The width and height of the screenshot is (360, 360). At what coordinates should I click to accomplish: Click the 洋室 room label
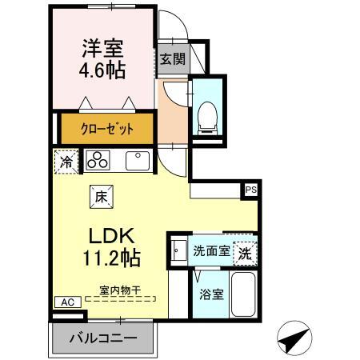[102, 47]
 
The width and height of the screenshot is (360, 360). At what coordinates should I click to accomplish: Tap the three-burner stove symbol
[98, 159]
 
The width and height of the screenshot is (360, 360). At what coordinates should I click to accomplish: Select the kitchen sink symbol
[138, 159]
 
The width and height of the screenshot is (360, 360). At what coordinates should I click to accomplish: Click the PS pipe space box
[251, 190]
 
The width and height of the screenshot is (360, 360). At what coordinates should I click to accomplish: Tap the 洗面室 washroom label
[212, 250]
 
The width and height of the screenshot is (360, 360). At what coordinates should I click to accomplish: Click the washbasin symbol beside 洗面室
[178, 251]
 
